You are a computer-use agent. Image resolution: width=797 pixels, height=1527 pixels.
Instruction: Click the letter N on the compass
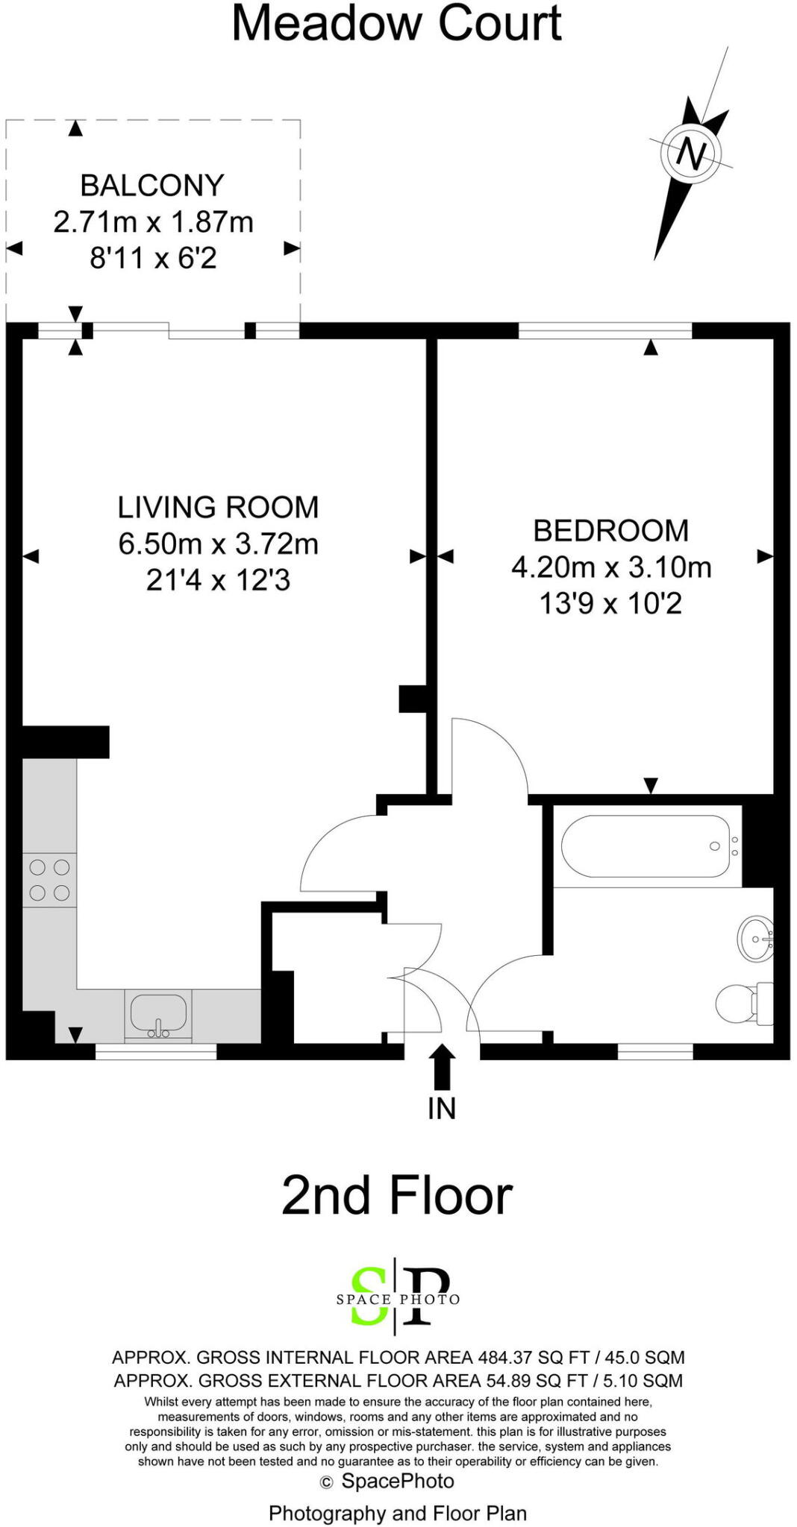pyautogui.click(x=691, y=154)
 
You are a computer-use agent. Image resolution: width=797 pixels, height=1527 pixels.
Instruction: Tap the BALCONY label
pyautogui.click(x=152, y=185)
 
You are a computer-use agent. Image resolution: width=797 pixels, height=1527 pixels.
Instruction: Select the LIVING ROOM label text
pyautogui.click(x=218, y=507)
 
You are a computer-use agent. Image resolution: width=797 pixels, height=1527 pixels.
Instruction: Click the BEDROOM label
pyautogui.click(x=610, y=531)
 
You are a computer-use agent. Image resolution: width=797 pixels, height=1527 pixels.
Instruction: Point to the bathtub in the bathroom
pyautogui.click(x=646, y=846)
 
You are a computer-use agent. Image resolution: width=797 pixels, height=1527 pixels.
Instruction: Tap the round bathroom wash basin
pyautogui.click(x=755, y=937)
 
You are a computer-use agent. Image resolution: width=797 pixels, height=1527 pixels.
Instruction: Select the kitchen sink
pyautogui.click(x=158, y=1013)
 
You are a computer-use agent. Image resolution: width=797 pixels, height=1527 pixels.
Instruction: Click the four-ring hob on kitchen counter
pyautogui.click(x=49, y=880)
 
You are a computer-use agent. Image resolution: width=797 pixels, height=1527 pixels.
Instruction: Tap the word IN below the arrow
pyautogui.click(x=442, y=1109)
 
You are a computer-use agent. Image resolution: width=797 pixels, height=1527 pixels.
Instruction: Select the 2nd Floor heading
pyautogui.click(x=397, y=1195)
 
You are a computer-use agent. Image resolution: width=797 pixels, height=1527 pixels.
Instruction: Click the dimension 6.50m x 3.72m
pyautogui.click(x=218, y=544)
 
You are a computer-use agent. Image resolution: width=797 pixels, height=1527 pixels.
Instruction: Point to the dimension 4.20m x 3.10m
pyautogui.click(x=610, y=567)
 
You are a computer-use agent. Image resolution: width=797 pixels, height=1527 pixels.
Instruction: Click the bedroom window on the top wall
pyautogui.click(x=604, y=330)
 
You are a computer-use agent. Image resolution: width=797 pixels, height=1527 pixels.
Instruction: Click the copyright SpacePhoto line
pyautogui.click(x=387, y=1481)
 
